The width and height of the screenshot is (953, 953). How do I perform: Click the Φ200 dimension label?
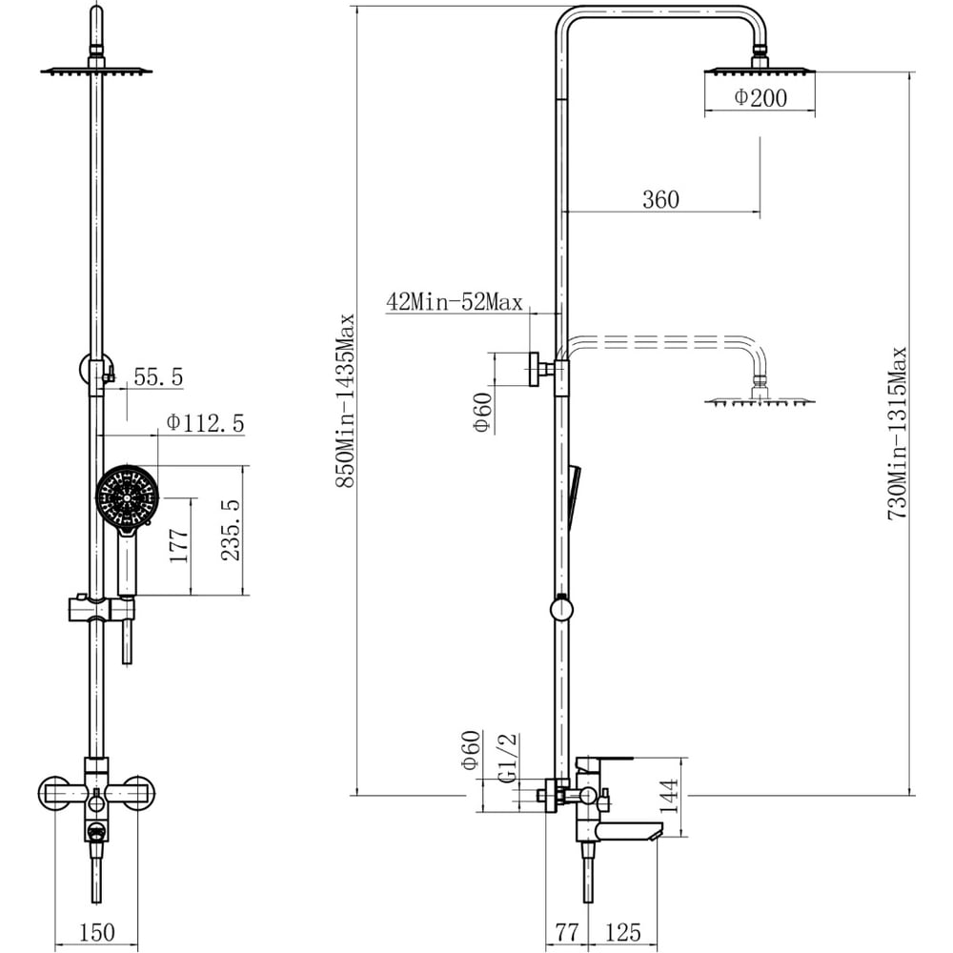pos(760,98)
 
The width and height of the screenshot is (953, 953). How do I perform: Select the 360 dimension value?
pos(660,199)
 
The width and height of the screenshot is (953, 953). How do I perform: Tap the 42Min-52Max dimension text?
pos(454,302)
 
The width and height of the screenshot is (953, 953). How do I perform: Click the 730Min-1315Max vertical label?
pos(898,434)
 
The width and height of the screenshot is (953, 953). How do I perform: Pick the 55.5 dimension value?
pos(158,376)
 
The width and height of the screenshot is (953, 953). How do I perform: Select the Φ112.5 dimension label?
pos(206,423)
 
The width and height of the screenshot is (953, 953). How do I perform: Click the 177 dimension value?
pos(179,545)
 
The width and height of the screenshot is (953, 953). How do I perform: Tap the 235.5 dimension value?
pos(231,529)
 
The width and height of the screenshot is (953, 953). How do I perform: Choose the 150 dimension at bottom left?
pos(96,932)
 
